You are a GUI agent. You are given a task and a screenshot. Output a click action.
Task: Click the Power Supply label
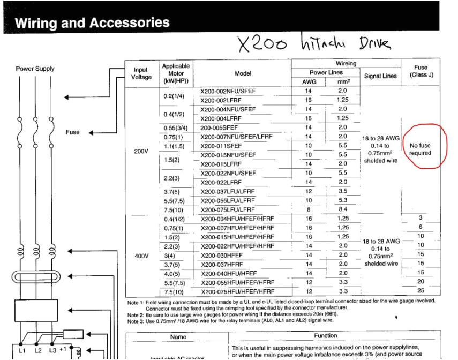point(34,69)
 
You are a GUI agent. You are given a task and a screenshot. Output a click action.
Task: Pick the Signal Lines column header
point(380,76)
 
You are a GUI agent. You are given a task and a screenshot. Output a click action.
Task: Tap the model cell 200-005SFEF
point(221,127)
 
